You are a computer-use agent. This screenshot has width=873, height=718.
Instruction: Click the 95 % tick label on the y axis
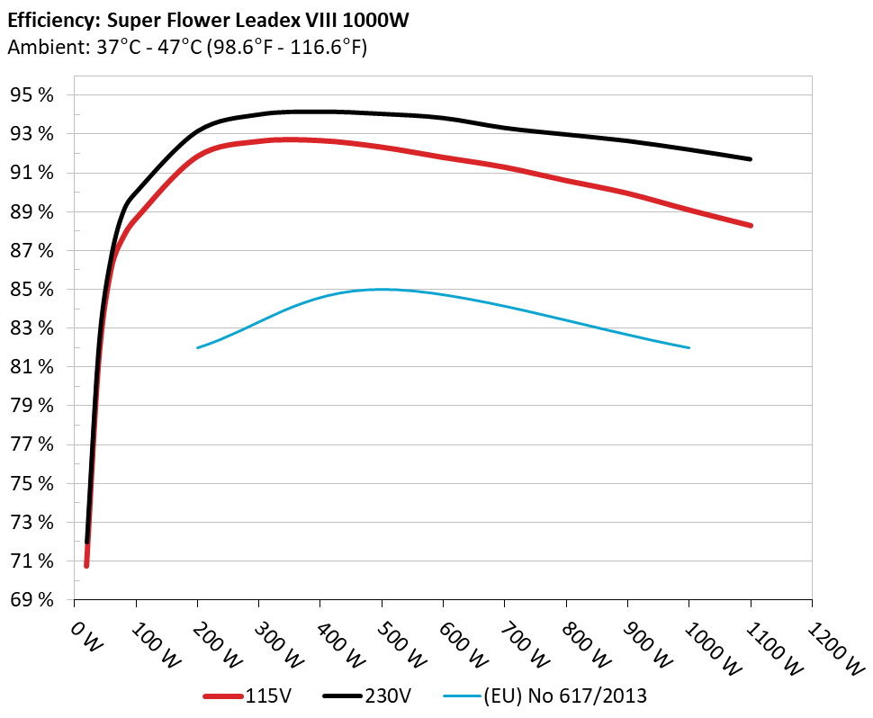point(33,95)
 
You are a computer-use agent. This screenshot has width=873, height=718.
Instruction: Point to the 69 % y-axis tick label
point(33,600)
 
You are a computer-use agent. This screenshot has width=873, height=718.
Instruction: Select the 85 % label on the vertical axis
point(33,290)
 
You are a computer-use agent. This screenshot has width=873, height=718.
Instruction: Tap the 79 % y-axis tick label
point(33,406)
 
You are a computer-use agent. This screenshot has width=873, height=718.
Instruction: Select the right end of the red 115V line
point(750,225)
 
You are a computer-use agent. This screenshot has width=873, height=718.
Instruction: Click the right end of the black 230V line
point(750,159)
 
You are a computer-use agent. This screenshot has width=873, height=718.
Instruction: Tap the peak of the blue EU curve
point(382,289)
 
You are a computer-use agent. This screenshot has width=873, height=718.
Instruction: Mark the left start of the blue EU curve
point(198,347)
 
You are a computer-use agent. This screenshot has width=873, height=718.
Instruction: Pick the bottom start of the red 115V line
point(86,565)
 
